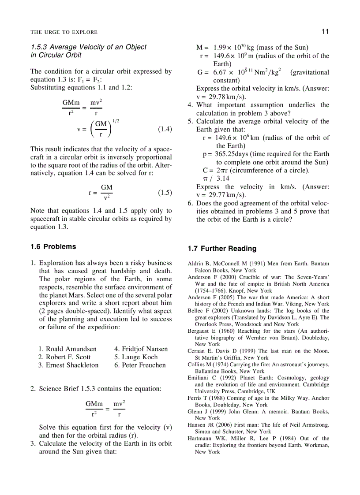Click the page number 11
(x=325, y=31)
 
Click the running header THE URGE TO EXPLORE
(x=64, y=32)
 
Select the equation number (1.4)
(x=165, y=129)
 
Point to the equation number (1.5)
(x=165, y=193)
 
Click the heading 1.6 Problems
(x=53, y=246)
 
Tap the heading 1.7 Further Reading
(x=222, y=249)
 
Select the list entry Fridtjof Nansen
(x=141, y=349)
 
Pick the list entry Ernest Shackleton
(x=68, y=365)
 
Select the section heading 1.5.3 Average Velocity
(x=88, y=47)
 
